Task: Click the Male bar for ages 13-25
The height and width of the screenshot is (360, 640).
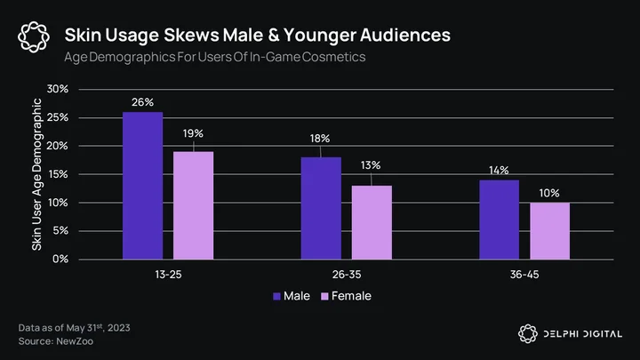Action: click(142, 186)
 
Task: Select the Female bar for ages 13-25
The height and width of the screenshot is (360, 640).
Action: click(193, 205)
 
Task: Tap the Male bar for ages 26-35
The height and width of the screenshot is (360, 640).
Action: click(321, 208)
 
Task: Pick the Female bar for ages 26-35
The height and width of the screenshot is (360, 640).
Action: click(372, 222)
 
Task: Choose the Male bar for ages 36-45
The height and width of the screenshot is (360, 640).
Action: click(499, 220)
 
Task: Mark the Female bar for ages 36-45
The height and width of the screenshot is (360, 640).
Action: click(549, 231)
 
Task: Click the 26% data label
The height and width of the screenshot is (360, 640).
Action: click(142, 102)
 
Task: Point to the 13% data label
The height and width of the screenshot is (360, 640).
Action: click(371, 165)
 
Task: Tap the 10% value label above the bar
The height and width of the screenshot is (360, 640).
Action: click(549, 193)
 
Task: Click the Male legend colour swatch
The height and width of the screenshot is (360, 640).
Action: click(276, 296)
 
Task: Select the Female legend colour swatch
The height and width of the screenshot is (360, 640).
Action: click(325, 296)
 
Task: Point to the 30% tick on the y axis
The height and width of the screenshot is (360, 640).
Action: click(58, 89)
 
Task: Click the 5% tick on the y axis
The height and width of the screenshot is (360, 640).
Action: click(60, 230)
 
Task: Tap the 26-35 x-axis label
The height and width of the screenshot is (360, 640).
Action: click(347, 275)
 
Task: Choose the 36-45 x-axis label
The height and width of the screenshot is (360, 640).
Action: click(524, 275)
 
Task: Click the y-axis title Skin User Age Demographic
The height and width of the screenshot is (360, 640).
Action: click(36, 174)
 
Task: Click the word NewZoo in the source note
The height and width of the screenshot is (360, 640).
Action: click(75, 341)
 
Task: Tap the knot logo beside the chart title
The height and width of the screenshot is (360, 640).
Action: click(34, 37)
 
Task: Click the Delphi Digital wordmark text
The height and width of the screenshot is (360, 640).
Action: click(583, 334)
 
